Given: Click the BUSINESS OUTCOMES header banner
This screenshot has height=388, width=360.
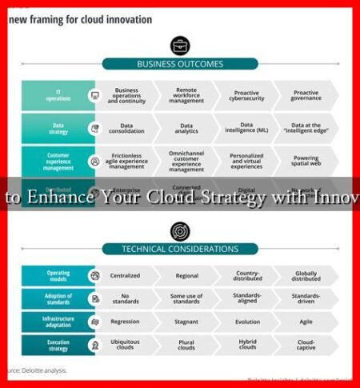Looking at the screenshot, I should click(179, 64).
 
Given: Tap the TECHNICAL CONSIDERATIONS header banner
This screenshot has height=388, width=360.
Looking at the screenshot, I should click(181, 250).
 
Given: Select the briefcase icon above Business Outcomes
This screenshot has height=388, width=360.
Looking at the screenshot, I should click(180, 45).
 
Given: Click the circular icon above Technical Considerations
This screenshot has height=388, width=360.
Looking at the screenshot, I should click(180, 231).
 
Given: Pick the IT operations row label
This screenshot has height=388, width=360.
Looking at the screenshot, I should click(58, 94).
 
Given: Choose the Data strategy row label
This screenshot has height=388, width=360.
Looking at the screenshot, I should click(58, 126).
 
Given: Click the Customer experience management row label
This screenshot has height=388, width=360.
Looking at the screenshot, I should click(58, 160).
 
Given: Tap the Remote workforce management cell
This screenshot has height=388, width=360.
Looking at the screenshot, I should click(186, 94).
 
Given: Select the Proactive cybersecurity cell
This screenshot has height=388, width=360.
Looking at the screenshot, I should click(246, 94).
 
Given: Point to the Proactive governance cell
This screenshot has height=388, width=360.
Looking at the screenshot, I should click(306, 94).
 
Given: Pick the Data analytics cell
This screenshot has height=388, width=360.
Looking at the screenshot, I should click(186, 126).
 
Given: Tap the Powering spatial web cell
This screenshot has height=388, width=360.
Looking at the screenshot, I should click(306, 160).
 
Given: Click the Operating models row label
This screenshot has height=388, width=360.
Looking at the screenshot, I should click(58, 275).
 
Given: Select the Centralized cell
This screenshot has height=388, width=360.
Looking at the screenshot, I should click(125, 275).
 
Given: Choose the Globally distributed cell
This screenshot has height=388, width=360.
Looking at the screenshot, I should click(306, 275).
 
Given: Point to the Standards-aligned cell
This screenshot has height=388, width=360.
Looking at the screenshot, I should click(246, 298).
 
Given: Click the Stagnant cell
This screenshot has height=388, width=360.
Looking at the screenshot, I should click(186, 322).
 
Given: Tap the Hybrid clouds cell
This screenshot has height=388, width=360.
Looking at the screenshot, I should click(246, 345).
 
